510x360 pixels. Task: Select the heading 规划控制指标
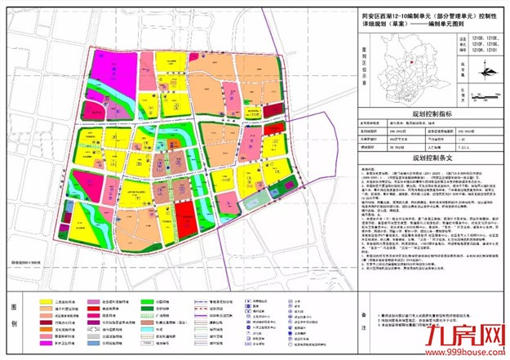click(x=432, y=115)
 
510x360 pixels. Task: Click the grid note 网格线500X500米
click(x=31, y=261)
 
